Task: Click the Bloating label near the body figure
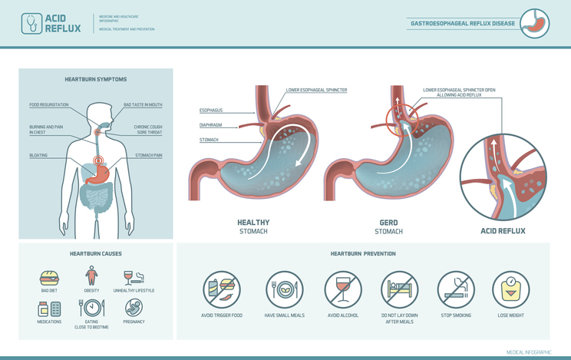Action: click(38, 155)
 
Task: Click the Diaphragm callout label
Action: click(210, 125)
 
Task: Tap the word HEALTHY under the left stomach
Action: click(253, 223)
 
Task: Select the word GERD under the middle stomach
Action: click(388, 223)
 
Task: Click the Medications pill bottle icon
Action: click(48, 308)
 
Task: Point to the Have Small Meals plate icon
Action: click(283, 289)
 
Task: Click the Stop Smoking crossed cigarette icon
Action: click(456, 289)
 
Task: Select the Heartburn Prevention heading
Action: click(363, 253)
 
